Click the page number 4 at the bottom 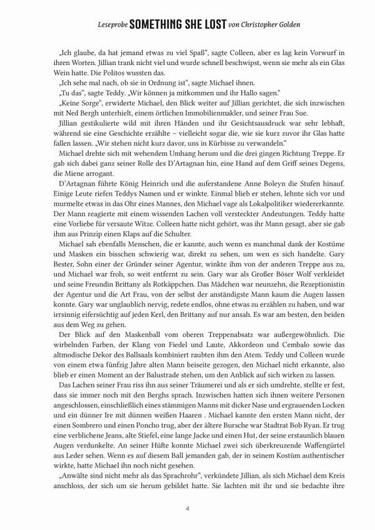pos(187,507)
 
